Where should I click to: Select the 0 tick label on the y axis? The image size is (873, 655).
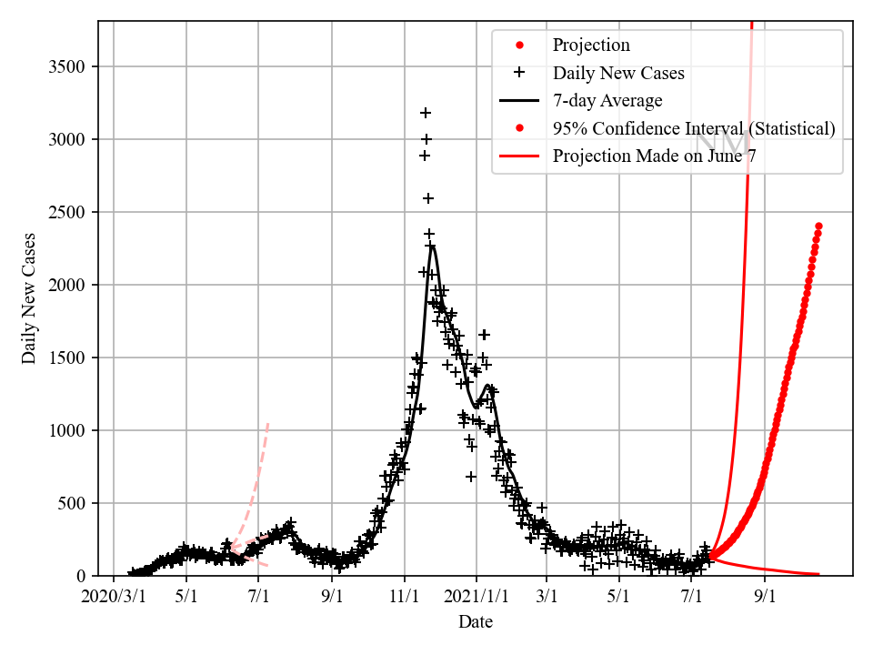click(88, 576)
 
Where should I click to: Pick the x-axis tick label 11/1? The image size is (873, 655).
click(404, 597)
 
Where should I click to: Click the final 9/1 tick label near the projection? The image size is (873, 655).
click(764, 597)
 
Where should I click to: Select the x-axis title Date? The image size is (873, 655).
click(475, 622)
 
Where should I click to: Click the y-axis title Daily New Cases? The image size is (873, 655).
click(30, 298)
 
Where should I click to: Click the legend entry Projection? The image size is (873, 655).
click(591, 45)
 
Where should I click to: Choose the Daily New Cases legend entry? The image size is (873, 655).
click(618, 73)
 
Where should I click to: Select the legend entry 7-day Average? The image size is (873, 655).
click(607, 101)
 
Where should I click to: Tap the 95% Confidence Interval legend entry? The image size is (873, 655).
click(694, 128)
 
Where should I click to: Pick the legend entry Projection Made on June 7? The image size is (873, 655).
click(655, 156)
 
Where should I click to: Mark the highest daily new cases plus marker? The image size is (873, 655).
click(425, 113)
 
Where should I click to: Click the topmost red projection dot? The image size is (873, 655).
click(818, 226)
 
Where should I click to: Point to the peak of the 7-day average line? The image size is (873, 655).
click(432, 247)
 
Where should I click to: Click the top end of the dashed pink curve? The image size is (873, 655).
click(267, 423)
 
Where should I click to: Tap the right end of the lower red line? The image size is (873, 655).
click(818, 574)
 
